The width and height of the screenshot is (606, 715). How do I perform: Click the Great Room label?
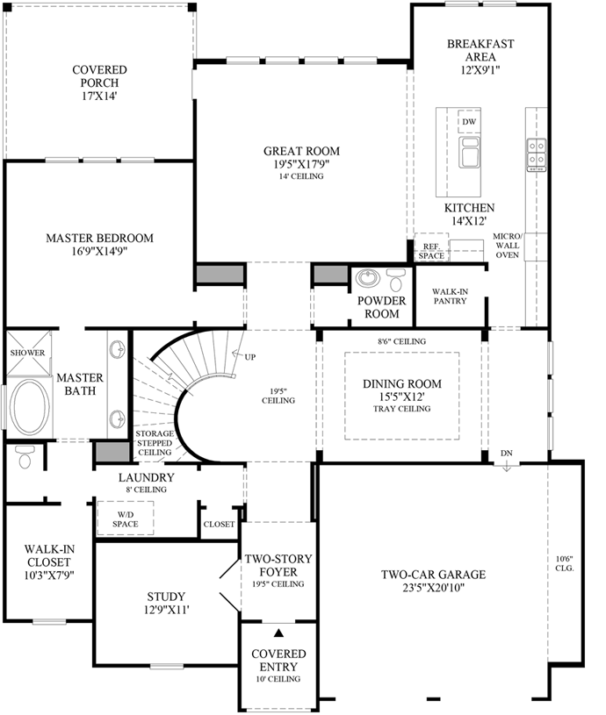tap(301, 151)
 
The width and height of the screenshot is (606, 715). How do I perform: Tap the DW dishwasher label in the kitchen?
tap(469, 121)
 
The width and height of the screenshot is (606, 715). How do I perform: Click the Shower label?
tap(27, 353)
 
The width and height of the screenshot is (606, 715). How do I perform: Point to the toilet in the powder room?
tap(395, 281)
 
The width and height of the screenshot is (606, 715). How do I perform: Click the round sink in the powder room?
tap(366, 280)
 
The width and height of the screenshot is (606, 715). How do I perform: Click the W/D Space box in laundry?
tap(126, 518)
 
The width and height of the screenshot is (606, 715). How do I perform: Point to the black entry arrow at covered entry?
tap(278, 633)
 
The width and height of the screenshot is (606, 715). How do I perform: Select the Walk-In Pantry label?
tap(449, 295)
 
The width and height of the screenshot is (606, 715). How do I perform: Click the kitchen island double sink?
tap(471, 151)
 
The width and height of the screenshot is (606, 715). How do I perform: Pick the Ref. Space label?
tap(430, 252)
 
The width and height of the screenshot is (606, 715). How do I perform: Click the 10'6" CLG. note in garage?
tap(564, 563)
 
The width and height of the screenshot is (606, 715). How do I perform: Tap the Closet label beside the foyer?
tap(219, 524)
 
